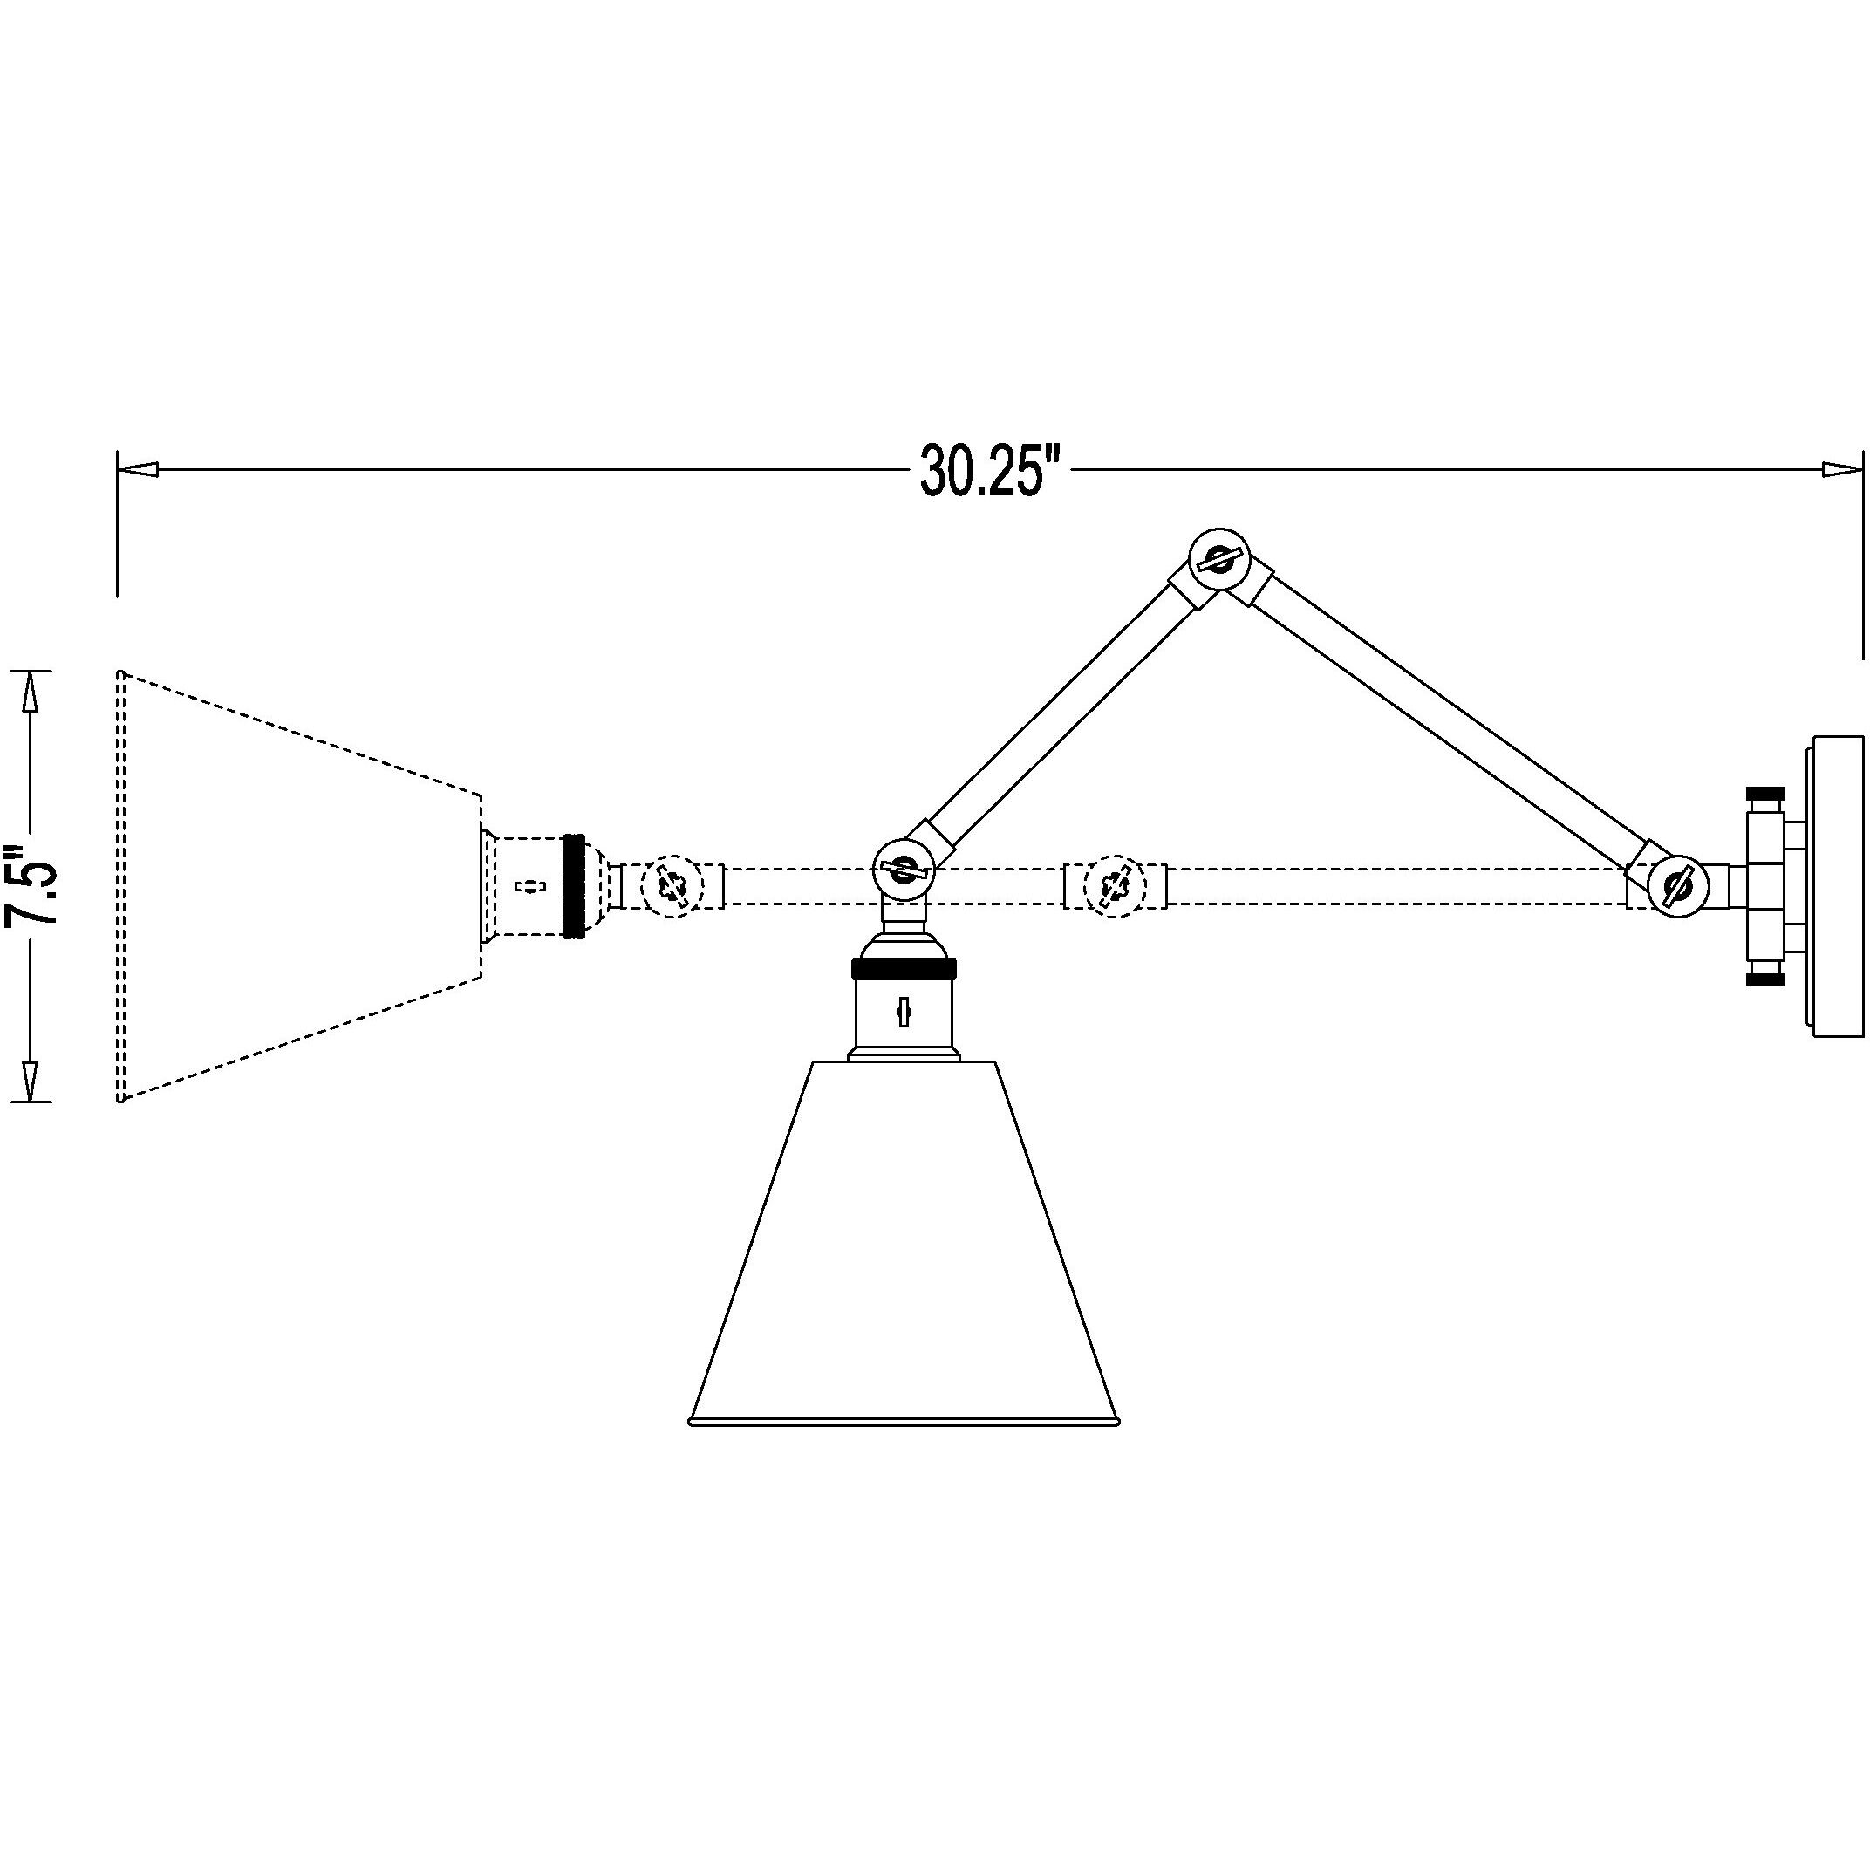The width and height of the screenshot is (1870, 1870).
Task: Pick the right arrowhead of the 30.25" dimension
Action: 1843,469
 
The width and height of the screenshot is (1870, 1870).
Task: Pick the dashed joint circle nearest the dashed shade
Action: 672,885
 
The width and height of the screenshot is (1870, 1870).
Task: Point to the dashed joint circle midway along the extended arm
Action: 1113,885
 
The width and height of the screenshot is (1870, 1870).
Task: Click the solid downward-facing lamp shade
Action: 903,1244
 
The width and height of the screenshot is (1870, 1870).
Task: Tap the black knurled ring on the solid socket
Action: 903,968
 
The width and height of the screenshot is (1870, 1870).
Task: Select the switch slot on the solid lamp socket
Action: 903,1012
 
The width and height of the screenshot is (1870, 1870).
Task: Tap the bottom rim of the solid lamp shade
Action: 903,1422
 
